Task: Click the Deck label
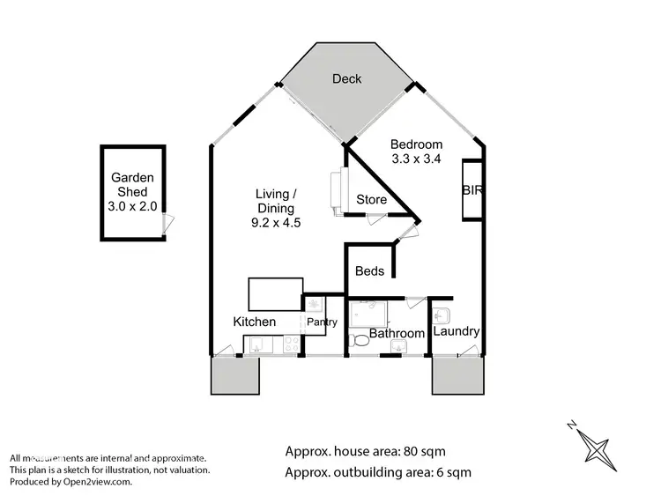pyautogui.click(x=346, y=79)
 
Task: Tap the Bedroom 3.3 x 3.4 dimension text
pyautogui.click(x=417, y=159)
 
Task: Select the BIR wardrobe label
pyautogui.click(x=472, y=189)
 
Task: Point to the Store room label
pyautogui.click(x=371, y=200)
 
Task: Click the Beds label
pyautogui.click(x=369, y=271)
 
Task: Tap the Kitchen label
pyautogui.click(x=254, y=322)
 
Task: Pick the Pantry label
pyautogui.click(x=322, y=322)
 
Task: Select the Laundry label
pyautogui.click(x=456, y=332)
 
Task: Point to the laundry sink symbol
pyautogui.click(x=442, y=315)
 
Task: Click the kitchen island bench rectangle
pyautogui.click(x=276, y=292)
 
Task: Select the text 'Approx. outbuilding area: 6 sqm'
pyautogui.click(x=378, y=472)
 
